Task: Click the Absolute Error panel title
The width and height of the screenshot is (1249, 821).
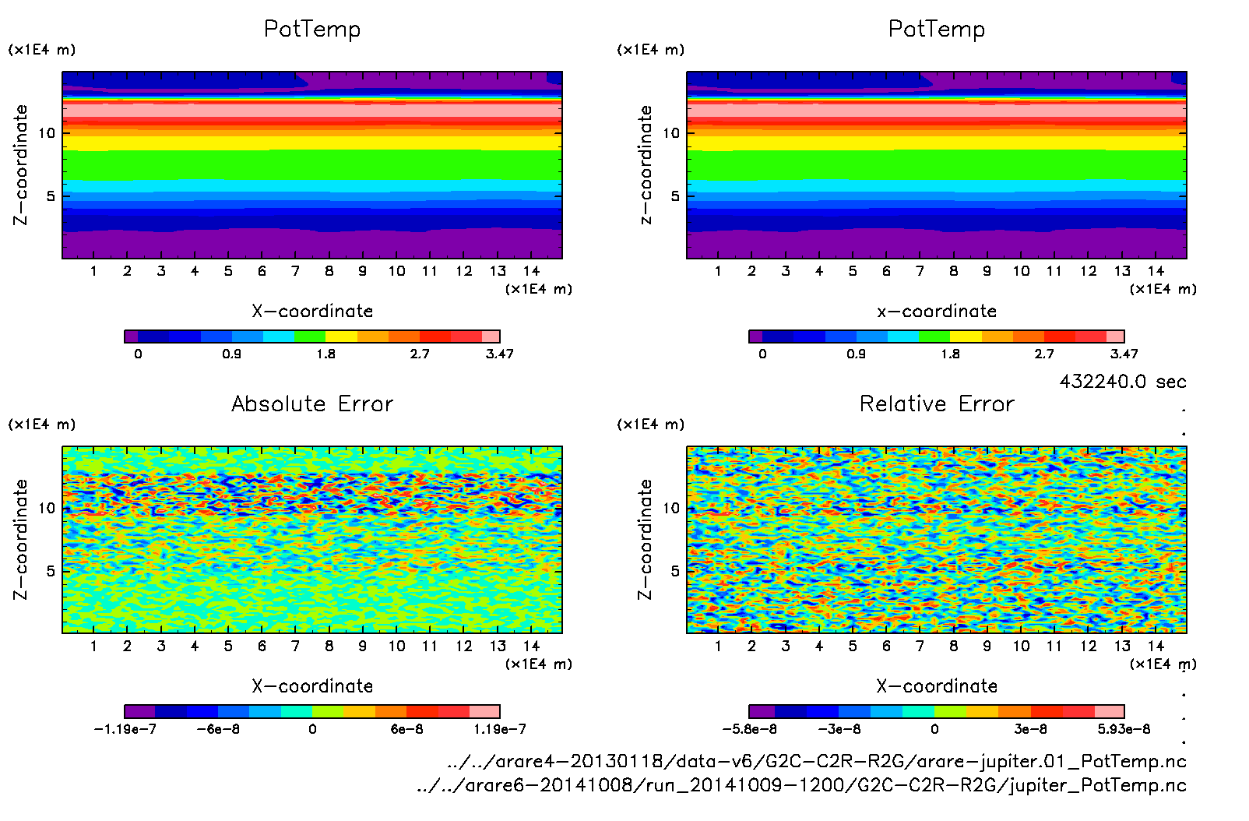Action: pyautogui.click(x=312, y=404)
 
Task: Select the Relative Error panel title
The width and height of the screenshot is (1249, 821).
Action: pyautogui.click(x=937, y=404)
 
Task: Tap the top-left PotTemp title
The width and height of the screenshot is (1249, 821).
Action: pyautogui.click(x=312, y=30)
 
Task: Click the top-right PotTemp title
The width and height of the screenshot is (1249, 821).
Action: pyautogui.click(x=937, y=30)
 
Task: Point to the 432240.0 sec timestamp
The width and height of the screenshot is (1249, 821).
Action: pyautogui.click(x=1123, y=382)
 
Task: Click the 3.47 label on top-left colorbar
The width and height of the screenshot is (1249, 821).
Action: pyautogui.click(x=499, y=354)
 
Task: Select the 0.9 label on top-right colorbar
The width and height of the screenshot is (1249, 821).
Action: pyautogui.click(x=856, y=354)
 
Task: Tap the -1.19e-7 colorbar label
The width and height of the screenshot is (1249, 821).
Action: pyautogui.click(x=125, y=729)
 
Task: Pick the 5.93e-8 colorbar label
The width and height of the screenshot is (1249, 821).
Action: pyautogui.click(x=1124, y=729)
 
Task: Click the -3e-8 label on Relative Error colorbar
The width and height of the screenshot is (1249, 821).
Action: pyautogui.click(x=839, y=729)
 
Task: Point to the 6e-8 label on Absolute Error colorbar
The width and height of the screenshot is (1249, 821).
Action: pyautogui.click(x=406, y=729)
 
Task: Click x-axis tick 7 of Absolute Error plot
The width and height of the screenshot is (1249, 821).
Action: pyautogui.click(x=295, y=646)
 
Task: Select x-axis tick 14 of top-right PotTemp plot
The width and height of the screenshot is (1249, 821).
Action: pyautogui.click(x=1156, y=271)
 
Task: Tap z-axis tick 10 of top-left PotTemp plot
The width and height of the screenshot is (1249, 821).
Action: pyautogui.click(x=47, y=133)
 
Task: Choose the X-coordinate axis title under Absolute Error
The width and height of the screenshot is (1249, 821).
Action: pyautogui.click(x=312, y=686)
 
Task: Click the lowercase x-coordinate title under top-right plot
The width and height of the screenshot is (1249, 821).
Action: pyautogui.click(x=937, y=312)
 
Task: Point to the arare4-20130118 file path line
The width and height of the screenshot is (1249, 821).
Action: pyautogui.click(x=817, y=761)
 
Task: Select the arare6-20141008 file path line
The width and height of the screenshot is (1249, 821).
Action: pyautogui.click(x=801, y=785)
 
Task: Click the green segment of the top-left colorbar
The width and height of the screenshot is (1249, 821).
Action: pyautogui.click(x=309, y=337)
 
